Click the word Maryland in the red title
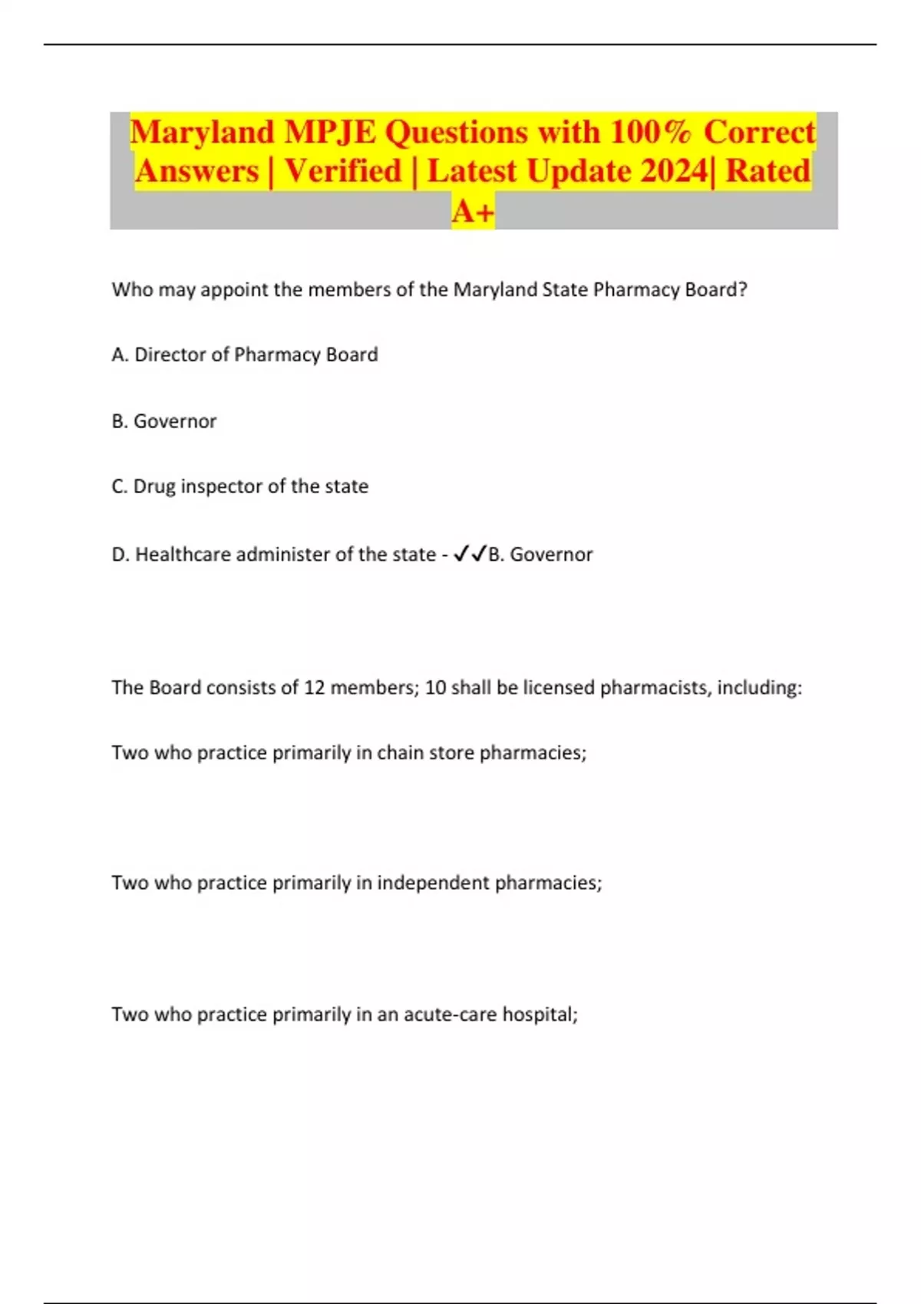pos(202,133)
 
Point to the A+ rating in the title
pos(473,211)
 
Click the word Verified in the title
pos(343,171)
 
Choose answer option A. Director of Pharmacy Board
pos(245,354)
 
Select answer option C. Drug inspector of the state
pos(239,486)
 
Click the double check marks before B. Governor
pos(470,554)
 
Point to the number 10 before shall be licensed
pos(435,687)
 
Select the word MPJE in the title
pos(331,133)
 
